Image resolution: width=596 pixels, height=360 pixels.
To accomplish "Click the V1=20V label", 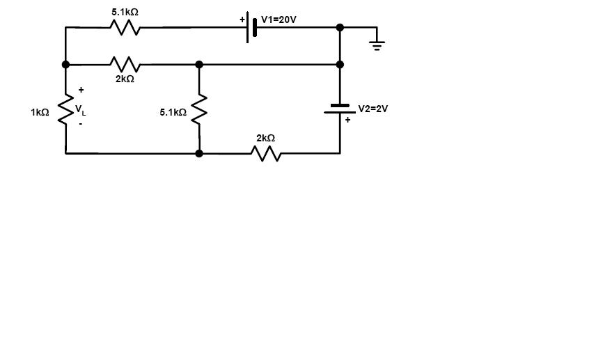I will click(x=279, y=19).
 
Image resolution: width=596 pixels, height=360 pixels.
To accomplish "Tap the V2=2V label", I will click(x=372, y=109).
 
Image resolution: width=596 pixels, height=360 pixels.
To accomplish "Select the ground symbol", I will click(x=377, y=44).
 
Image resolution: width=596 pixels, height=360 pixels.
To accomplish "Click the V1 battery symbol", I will click(x=251, y=29).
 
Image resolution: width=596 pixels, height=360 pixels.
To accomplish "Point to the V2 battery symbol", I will click(x=340, y=109).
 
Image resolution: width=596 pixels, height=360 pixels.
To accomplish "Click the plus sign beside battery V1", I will click(x=242, y=19).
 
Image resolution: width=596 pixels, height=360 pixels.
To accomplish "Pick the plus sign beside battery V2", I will click(x=347, y=120).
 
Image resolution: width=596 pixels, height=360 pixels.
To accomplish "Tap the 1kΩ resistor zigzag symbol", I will click(x=66, y=109).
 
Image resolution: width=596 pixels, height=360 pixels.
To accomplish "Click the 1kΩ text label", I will click(x=40, y=112).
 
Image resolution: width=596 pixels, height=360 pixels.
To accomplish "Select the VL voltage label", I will click(x=81, y=109).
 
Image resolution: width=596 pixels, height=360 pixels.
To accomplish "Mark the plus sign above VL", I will click(x=81, y=90).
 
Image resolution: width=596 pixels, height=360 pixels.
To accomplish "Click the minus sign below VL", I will click(x=81, y=123).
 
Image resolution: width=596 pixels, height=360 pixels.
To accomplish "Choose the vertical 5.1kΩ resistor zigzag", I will click(x=199, y=109).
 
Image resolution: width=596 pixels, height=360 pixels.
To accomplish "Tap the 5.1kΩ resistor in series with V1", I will click(x=125, y=28).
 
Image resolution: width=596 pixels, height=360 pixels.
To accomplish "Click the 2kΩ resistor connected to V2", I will click(x=265, y=153).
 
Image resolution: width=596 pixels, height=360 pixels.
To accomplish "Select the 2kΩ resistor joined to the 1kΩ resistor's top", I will click(x=125, y=65).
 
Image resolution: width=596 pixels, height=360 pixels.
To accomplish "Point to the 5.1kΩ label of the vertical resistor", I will click(x=173, y=112).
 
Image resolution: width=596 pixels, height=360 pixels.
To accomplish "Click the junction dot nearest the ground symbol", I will click(x=340, y=28).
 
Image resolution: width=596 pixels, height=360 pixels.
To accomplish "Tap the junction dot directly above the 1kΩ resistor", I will click(x=66, y=65).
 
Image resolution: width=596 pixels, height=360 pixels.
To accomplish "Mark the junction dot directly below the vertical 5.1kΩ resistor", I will click(x=199, y=153).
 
